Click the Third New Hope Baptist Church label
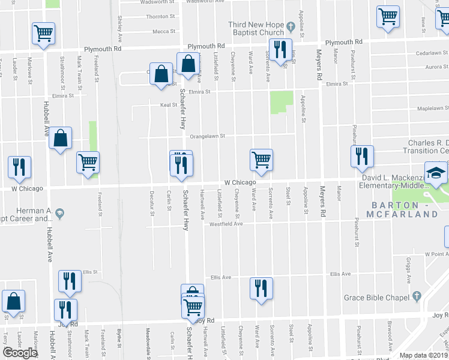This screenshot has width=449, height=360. pyautogui.click(x=256, y=28)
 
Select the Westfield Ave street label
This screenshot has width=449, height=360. pyautogui.click(x=226, y=224)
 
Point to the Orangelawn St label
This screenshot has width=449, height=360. pyautogui.click(x=207, y=136)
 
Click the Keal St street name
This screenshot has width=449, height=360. pyautogui.click(x=168, y=105)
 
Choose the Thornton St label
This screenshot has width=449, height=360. pyautogui.click(x=160, y=17)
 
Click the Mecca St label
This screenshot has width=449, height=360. pyautogui.click(x=163, y=32)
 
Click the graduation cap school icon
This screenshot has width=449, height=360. pyautogui.click(x=434, y=172)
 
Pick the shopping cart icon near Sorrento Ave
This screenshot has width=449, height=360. pyautogui.click(x=261, y=160)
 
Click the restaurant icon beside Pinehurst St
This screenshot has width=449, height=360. pyautogui.click(x=362, y=156)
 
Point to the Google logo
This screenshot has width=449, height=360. pyautogui.click(x=20, y=353)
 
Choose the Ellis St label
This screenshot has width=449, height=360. pyautogui.click(x=90, y=272)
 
